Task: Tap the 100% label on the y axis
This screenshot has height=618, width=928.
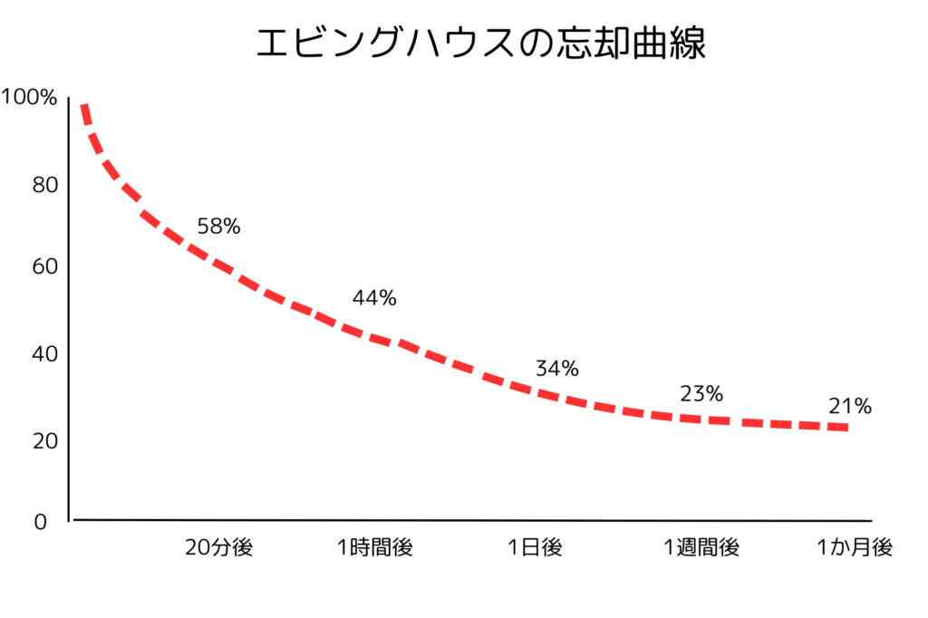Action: (x=30, y=97)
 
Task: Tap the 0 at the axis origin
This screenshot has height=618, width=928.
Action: (x=39, y=523)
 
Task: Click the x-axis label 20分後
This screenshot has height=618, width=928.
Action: (x=218, y=547)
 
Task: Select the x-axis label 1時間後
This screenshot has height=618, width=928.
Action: (x=375, y=547)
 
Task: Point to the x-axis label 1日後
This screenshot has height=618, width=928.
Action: (x=535, y=547)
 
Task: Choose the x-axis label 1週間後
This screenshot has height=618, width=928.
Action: (x=701, y=547)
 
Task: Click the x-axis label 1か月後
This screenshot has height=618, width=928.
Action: (x=855, y=547)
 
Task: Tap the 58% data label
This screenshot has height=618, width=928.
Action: (x=218, y=227)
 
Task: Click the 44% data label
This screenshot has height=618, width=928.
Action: (x=374, y=298)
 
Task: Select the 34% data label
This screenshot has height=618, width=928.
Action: (x=556, y=369)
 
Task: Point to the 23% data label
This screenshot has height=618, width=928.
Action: (x=701, y=394)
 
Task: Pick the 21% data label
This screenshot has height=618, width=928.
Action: (x=849, y=407)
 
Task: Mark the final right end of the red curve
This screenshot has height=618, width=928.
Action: (x=845, y=427)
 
